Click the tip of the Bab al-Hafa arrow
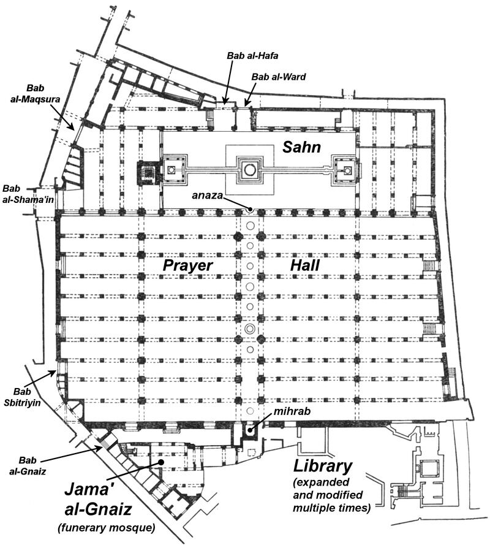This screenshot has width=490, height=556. coord(224,103)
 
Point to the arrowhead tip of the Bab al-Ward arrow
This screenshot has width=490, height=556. coord(245,105)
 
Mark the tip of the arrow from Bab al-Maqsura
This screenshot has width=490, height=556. coord(73,130)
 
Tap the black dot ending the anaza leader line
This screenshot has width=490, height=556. coord(251,210)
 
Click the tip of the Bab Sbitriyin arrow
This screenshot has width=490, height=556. coord(56,371)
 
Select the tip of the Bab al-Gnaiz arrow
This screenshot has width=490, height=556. coord(103,447)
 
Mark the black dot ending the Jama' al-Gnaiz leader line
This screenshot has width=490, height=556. coord(161,462)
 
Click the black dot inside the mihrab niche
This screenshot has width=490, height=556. coord(250,430)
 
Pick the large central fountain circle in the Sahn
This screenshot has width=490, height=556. coord(250,169)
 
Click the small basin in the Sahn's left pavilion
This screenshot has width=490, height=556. coord(172,169)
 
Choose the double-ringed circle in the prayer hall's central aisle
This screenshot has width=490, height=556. coord(250,329)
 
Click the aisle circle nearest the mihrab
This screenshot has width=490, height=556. coord(250,411)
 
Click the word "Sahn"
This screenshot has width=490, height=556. coord(301,147)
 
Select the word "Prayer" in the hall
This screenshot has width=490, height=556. coord(187,265)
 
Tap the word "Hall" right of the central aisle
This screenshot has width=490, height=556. coord(304,265)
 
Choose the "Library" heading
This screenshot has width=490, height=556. coord(323,467)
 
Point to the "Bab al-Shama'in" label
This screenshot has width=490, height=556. coord(28,194)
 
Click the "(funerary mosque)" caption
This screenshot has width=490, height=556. coord(107,528)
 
